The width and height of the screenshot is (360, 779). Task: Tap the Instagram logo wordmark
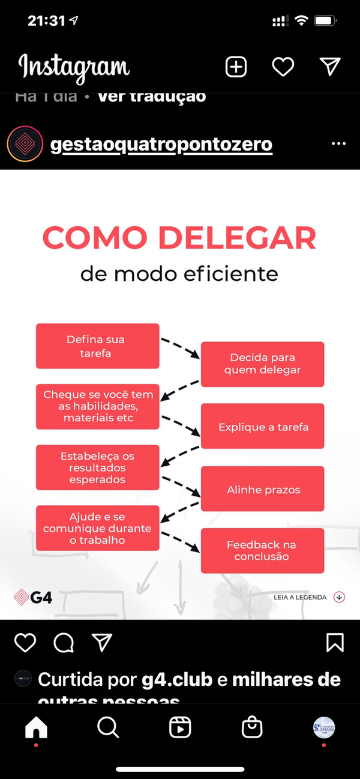pos(74,67)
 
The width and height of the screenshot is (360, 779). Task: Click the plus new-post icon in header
pos(236,67)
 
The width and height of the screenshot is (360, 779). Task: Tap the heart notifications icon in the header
pos(283,67)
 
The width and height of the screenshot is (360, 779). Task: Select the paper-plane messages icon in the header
pos(330,67)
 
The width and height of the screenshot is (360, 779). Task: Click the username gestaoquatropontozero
pos(161,145)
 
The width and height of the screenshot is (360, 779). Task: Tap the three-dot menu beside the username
pos(338,145)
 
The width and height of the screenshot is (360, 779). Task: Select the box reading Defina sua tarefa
pos(97,346)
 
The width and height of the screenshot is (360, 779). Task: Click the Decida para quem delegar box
pos(262,364)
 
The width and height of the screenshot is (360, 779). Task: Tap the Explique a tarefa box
pos(263,427)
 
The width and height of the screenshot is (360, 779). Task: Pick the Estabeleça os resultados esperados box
pos(97,468)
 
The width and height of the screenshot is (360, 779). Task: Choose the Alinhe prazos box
pos(263,490)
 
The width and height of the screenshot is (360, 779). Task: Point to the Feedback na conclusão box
pos(262,550)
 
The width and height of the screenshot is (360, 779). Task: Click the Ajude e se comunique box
pos(97,528)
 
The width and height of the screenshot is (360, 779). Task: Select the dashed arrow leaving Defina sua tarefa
pos(179,347)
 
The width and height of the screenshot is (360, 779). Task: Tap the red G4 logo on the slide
pos(33,597)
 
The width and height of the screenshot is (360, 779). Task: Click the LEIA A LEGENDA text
pos(299,597)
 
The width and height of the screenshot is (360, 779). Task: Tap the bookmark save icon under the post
pos(335,643)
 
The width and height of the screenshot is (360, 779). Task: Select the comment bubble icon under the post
pos(64,643)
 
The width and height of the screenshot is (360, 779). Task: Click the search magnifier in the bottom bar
pos(108,727)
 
